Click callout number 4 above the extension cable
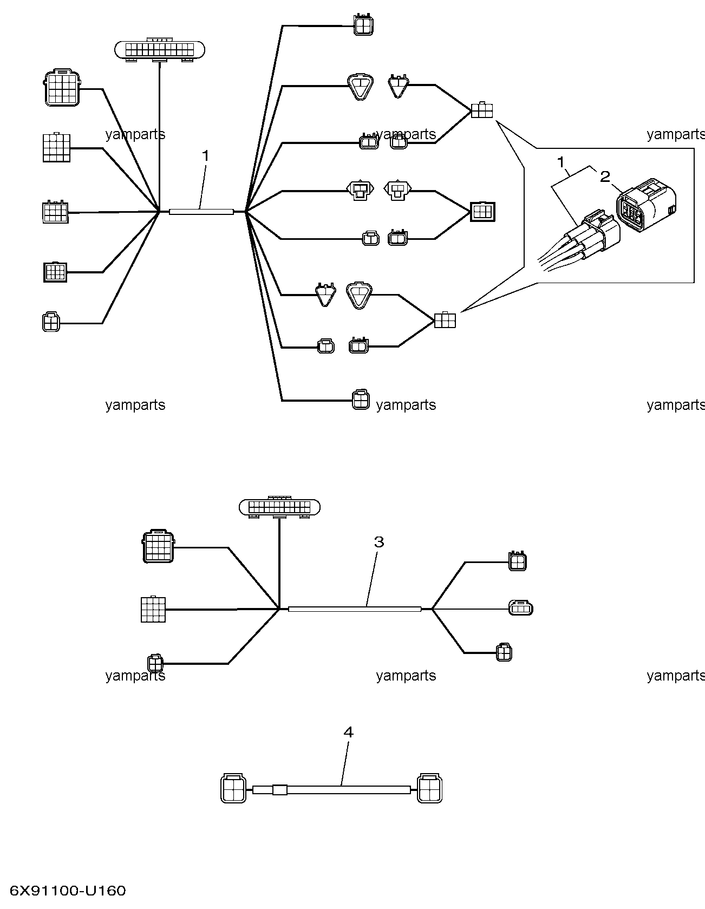[x=349, y=732]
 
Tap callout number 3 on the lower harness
[x=379, y=541]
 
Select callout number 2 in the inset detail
[x=605, y=176]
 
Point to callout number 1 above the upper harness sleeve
[x=205, y=155]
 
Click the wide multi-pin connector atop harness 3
[x=279, y=507]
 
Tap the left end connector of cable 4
[x=233, y=788]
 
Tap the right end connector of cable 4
[x=429, y=788]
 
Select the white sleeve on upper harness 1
[x=201, y=212]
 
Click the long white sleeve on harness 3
[x=355, y=609]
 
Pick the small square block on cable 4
[x=279, y=790]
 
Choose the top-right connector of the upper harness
[x=363, y=25]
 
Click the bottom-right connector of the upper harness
[x=361, y=400]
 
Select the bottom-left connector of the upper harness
[x=51, y=322]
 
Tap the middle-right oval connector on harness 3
[x=521, y=608]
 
